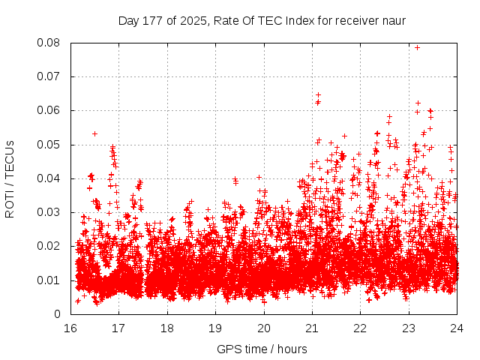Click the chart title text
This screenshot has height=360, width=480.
tap(262, 20)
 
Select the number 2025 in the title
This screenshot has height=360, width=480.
tap(186, 20)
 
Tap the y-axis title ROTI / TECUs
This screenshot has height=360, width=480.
tap(10, 179)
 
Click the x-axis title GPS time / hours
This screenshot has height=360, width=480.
tap(262, 349)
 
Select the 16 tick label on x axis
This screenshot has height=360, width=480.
tap(70, 328)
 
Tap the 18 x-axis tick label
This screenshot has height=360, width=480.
tap(167, 328)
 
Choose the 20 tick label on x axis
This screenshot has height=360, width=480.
tap(264, 328)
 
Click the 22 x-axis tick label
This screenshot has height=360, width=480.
tap(361, 328)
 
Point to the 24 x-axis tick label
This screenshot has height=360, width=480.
tap(457, 328)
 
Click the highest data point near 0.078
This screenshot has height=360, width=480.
tap(417, 47)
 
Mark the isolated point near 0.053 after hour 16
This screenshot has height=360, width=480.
tap(94, 133)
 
